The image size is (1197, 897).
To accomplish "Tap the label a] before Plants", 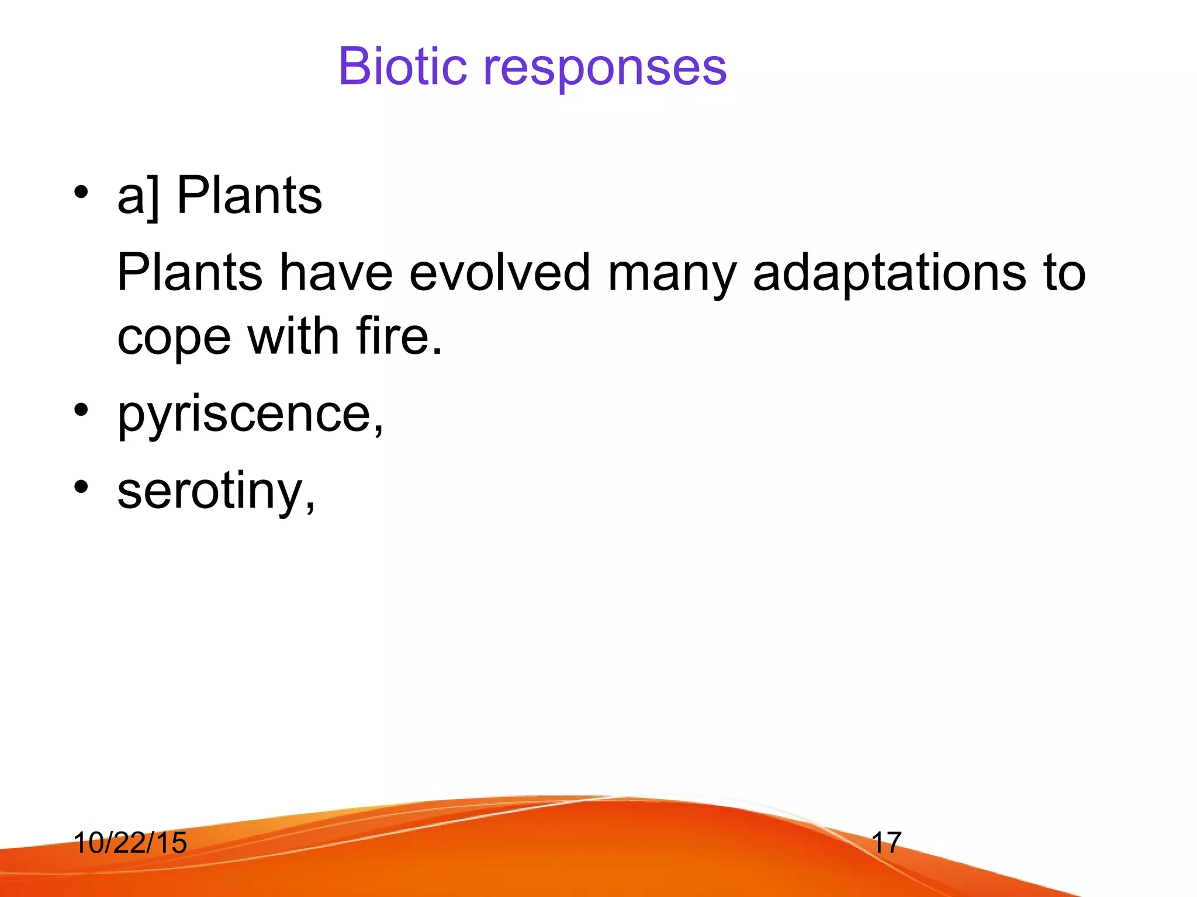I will [138, 196].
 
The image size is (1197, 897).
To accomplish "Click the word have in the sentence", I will [336, 272].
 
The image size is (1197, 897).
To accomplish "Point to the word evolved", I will [499, 272].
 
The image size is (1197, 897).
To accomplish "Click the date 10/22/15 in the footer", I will [130, 843].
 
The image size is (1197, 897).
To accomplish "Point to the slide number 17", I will [886, 843].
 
